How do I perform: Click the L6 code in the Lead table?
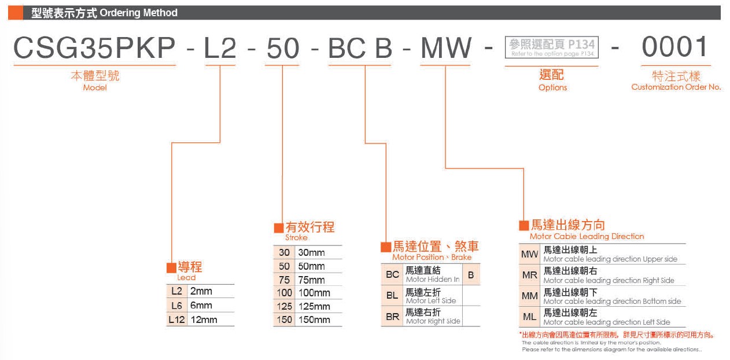(176, 306)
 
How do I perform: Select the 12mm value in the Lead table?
(204, 319)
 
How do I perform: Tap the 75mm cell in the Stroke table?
(312, 280)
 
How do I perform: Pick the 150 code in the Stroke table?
(285, 319)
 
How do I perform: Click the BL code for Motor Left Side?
(392, 295)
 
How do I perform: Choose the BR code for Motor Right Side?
(392, 317)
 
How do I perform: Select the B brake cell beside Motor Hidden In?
(471, 275)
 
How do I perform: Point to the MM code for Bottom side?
(530, 296)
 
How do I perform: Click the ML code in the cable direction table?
(530, 317)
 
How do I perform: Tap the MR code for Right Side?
(530, 275)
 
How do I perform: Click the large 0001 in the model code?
(675, 47)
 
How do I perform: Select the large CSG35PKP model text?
(94, 47)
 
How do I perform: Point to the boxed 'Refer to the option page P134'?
(552, 47)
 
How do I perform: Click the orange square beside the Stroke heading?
(279, 227)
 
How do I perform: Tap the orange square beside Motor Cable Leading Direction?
(523, 225)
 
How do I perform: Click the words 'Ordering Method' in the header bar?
(138, 13)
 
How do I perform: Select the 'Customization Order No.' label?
(676, 87)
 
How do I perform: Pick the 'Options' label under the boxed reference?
(552, 87)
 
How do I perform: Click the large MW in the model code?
(446, 47)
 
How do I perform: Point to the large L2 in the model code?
(220, 48)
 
